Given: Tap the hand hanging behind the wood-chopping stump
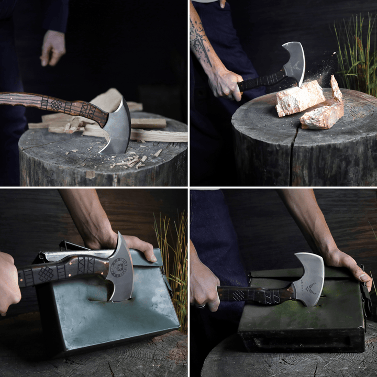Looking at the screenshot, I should click(x=53, y=47).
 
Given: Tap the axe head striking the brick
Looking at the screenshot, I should click(x=294, y=63).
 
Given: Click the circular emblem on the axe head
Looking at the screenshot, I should click(x=119, y=267).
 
